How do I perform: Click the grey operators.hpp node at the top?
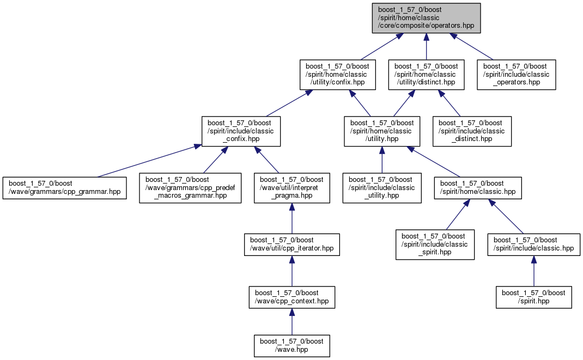point(426,18)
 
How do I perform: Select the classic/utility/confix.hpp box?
point(338,75)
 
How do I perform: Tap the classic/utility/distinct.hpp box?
point(426,75)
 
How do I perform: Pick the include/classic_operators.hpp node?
point(517,75)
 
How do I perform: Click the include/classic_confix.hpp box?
point(241,131)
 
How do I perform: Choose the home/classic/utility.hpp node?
point(382,131)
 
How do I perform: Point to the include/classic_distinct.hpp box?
point(472,131)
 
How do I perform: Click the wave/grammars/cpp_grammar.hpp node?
point(65,188)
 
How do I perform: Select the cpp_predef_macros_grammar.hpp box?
point(190,188)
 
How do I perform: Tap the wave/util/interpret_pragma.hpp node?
point(292,188)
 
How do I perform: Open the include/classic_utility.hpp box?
point(382,188)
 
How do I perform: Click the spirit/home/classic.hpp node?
point(478,188)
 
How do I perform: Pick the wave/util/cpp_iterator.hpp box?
point(292,245)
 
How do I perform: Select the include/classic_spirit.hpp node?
point(435,245)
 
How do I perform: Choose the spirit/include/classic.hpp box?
point(534,245)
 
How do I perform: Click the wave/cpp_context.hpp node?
point(292,297)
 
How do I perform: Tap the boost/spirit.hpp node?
point(534,297)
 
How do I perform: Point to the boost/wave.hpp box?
point(292,346)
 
